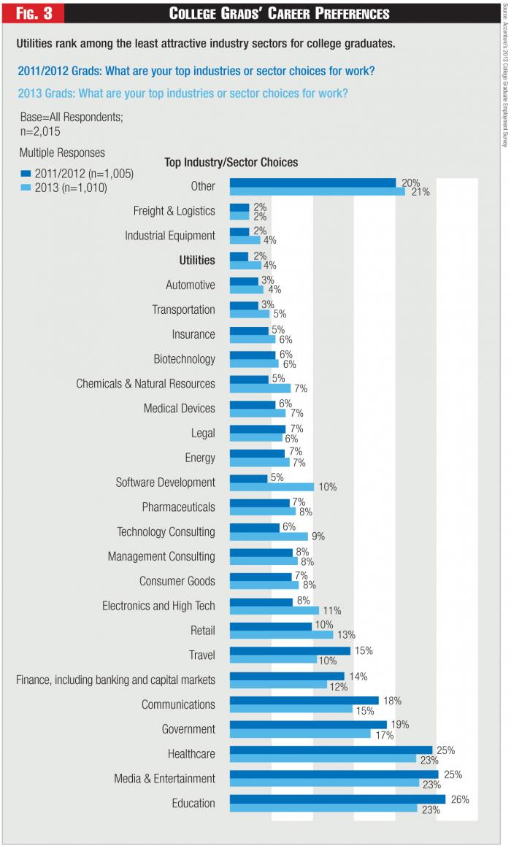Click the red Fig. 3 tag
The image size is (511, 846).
tap(34, 13)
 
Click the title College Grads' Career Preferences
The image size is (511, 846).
tap(279, 13)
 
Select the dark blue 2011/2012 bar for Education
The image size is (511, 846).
tap(337, 799)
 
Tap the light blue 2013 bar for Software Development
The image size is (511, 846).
tap(272, 487)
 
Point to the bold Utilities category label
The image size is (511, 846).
tap(197, 261)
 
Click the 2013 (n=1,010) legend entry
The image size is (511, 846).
tap(64, 188)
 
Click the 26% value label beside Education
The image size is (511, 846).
tap(460, 799)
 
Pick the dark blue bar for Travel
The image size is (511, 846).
tap(290, 650)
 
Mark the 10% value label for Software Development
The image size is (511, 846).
tap(327, 487)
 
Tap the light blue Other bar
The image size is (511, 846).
tap(317, 191)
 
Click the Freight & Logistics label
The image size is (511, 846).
tap(174, 211)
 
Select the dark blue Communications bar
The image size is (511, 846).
tap(304, 700)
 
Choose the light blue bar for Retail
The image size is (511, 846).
tap(281, 634)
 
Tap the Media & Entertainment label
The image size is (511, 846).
tap(164, 778)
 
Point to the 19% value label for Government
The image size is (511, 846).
tap(401, 725)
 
